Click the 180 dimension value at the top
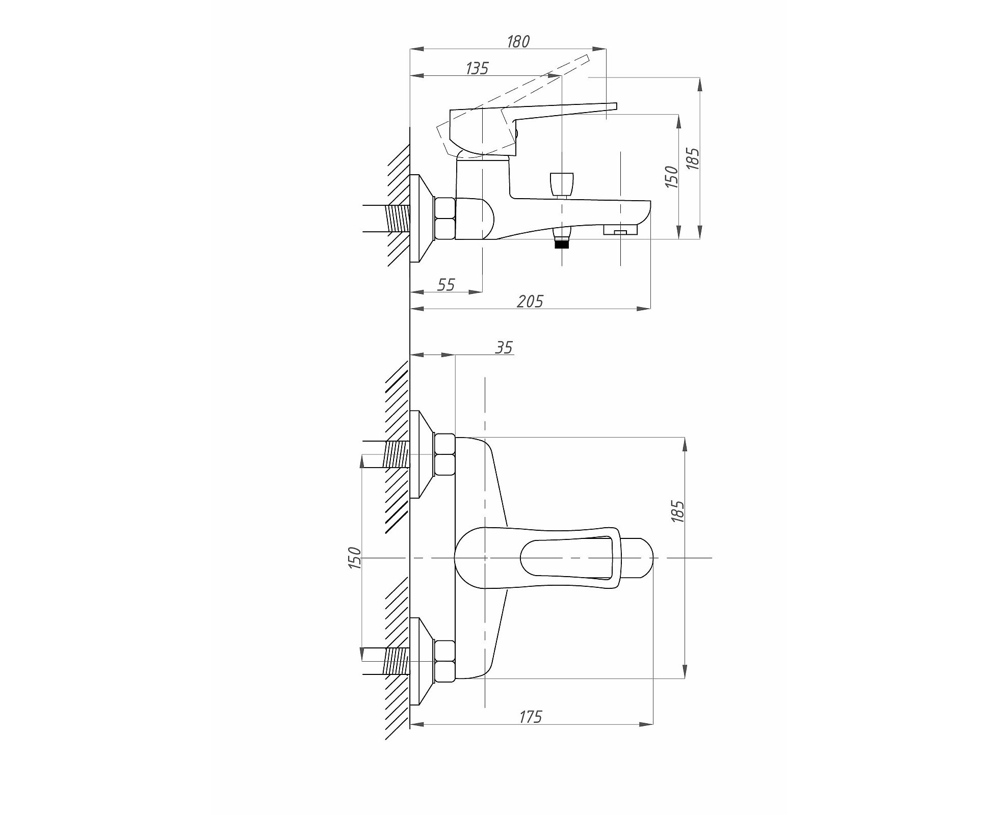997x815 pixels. coord(518,41)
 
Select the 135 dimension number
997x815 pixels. coord(477,68)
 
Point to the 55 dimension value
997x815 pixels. coord(445,284)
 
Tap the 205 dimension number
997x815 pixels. coord(530,301)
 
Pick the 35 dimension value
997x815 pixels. coord(504,347)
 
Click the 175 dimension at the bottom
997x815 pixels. coord(530,717)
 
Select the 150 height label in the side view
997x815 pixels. coord(671,177)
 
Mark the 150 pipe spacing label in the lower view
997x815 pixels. coord(354,558)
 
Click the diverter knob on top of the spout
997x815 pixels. coord(562,183)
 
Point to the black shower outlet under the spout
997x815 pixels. coord(562,244)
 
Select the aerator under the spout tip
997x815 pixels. coord(620,230)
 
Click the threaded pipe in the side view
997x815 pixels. coord(399,219)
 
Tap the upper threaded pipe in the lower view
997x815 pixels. coord(397,454)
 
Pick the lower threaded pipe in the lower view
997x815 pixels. coord(397,661)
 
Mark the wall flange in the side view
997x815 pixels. coord(421,219)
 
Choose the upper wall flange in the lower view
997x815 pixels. coord(422,454)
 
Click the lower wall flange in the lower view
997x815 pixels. coord(422,661)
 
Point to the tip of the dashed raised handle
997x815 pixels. coord(590,58)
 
